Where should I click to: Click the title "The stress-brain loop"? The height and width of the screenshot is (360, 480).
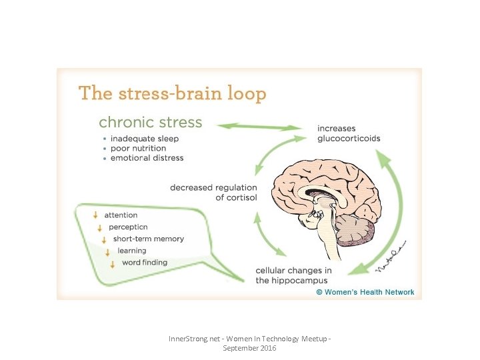172,93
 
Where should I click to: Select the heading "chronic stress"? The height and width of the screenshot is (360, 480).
150,123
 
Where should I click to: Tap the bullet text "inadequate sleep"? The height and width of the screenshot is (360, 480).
145,139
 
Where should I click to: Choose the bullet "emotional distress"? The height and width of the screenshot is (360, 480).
147,158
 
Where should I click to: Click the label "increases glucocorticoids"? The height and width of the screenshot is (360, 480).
349,133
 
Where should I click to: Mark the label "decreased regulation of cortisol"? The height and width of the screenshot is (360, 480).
213,193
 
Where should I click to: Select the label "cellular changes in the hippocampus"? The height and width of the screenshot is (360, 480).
293,275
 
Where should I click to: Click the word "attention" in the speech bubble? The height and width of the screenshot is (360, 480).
121,215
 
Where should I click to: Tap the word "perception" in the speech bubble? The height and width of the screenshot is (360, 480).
133,227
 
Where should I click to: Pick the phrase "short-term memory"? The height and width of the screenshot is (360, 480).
148,239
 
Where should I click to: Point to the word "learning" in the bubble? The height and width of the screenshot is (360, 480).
131,251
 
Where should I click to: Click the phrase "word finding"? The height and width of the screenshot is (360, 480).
144,263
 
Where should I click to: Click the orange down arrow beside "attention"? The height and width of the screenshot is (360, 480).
96,215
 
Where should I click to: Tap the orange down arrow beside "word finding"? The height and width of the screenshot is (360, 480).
113,263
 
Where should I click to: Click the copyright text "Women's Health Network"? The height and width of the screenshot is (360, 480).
365,292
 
